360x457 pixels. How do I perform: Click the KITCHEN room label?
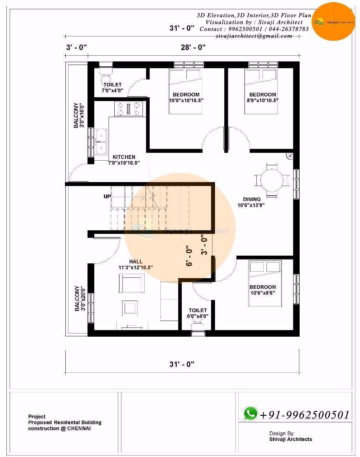[124, 157]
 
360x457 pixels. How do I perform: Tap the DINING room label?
[251, 200]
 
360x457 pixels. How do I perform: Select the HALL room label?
[136, 262]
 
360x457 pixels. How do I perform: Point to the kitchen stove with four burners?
[128, 109]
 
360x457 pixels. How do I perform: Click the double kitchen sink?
[101, 141]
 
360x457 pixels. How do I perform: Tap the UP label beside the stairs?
[107, 197]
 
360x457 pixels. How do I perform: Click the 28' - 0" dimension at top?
[193, 47]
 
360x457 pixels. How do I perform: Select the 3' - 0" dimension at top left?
[76, 47]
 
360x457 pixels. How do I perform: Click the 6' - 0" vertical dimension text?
[189, 256]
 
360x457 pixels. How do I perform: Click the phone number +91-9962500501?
[304, 415]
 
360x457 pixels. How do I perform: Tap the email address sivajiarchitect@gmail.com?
[254, 36]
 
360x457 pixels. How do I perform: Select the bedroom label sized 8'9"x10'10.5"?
[262, 97]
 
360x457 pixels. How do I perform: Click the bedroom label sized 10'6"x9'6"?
[262, 290]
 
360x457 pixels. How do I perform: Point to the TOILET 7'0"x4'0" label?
[112, 88]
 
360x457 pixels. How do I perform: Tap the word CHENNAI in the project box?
[79, 428]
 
